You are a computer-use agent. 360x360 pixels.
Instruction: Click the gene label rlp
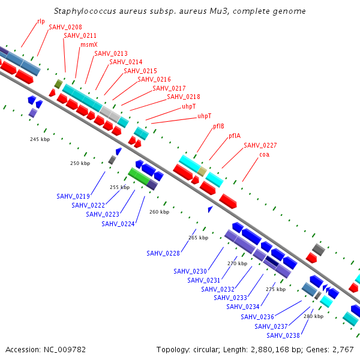[41, 22]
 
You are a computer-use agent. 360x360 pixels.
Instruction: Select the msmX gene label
[89, 44]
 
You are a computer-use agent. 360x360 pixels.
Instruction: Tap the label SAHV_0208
[65, 27]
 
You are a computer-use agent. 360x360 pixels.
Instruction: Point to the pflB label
[218, 126]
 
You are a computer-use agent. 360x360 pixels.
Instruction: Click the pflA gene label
[235, 136]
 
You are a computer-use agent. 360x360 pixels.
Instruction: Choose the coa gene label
[264, 155]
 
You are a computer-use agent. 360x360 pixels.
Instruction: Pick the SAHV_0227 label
[260, 145]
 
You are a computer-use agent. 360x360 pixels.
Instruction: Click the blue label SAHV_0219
[73, 197]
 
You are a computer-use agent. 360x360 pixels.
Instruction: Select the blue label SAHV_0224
[118, 224]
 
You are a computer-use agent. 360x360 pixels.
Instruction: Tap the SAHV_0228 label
[163, 253]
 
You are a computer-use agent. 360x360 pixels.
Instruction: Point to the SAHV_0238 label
[283, 335]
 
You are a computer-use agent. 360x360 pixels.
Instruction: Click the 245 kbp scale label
[40, 139]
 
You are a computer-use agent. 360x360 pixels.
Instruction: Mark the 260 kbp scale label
[160, 212]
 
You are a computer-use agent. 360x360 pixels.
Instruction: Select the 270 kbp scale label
[238, 263]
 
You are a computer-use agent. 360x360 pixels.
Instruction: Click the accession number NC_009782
[65, 350]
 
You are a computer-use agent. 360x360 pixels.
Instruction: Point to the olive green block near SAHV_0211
[59, 84]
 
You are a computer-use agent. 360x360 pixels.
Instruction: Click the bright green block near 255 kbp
[139, 176]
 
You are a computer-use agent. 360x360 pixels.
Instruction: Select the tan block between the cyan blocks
[202, 172]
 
